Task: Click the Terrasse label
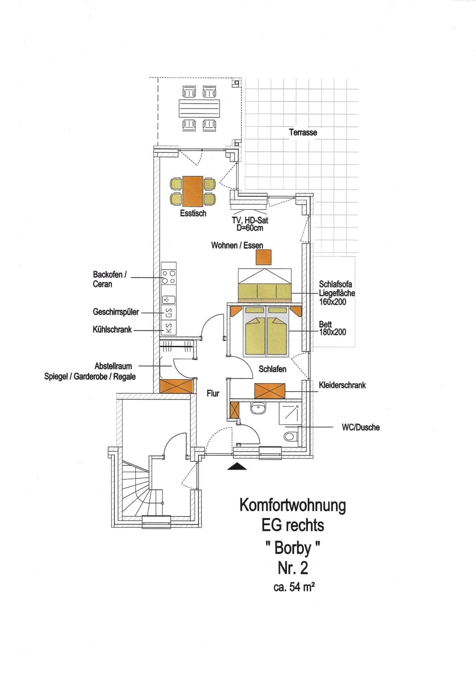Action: (303, 132)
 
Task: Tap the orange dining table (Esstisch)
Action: (193, 191)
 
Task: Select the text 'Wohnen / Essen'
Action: (237, 245)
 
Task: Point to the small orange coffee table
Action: (264, 257)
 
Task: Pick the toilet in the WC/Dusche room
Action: (290, 437)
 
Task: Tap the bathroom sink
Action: (258, 408)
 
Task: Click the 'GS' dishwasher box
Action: (169, 313)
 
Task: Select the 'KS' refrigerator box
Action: (169, 328)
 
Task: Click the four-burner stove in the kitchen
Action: (169, 277)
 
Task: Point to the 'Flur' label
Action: (213, 393)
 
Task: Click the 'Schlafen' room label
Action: (272, 369)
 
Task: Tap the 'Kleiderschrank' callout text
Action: (342, 385)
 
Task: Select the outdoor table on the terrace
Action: (199, 108)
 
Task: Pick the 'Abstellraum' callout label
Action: (113, 366)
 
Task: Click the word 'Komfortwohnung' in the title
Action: (293, 505)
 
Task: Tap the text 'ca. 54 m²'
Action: (294, 587)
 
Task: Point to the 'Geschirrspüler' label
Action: (116, 312)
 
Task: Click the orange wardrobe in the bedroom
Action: (270, 391)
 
